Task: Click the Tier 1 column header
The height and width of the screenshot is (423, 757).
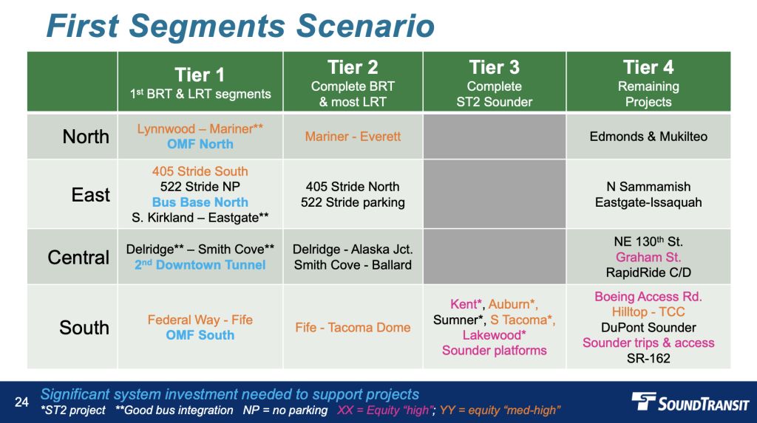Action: tap(200, 82)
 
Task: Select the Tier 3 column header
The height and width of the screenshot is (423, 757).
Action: tap(495, 82)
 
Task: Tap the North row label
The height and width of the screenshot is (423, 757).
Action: tap(86, 137)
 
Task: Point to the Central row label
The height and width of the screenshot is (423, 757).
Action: tap(78, 257)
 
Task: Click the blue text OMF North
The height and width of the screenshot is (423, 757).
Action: tap(200, 144)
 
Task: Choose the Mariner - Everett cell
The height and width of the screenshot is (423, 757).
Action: tap(353, 137)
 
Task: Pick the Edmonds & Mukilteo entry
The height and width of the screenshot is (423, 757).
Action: tap(648, 137)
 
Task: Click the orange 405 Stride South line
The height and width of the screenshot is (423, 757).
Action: tap(200, 171)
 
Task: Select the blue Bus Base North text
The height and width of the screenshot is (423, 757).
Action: tap(200, 202)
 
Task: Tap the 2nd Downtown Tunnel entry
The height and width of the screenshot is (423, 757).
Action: tap(200, 265)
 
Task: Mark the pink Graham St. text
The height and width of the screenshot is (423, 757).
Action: tap(648, 257)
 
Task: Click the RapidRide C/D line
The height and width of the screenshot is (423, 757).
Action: tap(648, 272)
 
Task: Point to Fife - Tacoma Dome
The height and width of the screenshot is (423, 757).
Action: tap(353, 328)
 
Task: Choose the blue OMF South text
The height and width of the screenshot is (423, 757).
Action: tap(200, 335)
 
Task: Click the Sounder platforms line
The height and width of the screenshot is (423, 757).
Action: tap(495, 351)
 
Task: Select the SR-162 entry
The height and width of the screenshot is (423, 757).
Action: tap(648, 358)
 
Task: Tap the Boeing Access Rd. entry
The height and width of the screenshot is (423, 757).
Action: tap(648, 297)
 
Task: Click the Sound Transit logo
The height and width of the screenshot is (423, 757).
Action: tap(690, 402)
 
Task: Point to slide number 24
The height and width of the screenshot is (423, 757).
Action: tap(21, 402)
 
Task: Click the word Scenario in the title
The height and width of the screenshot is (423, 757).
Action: tap(365, 26)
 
